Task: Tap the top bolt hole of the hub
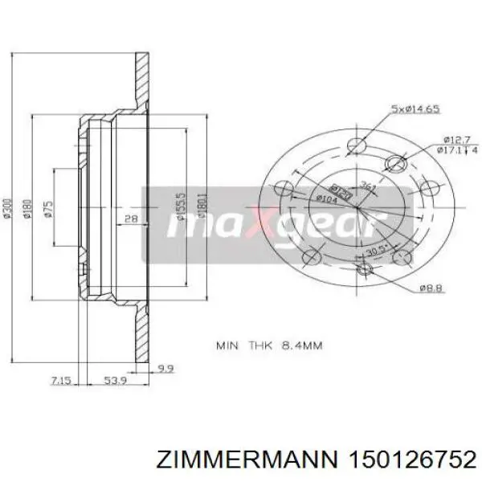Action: click(x=356, y=146)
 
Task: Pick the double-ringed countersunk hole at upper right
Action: click(x=394, y=165)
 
